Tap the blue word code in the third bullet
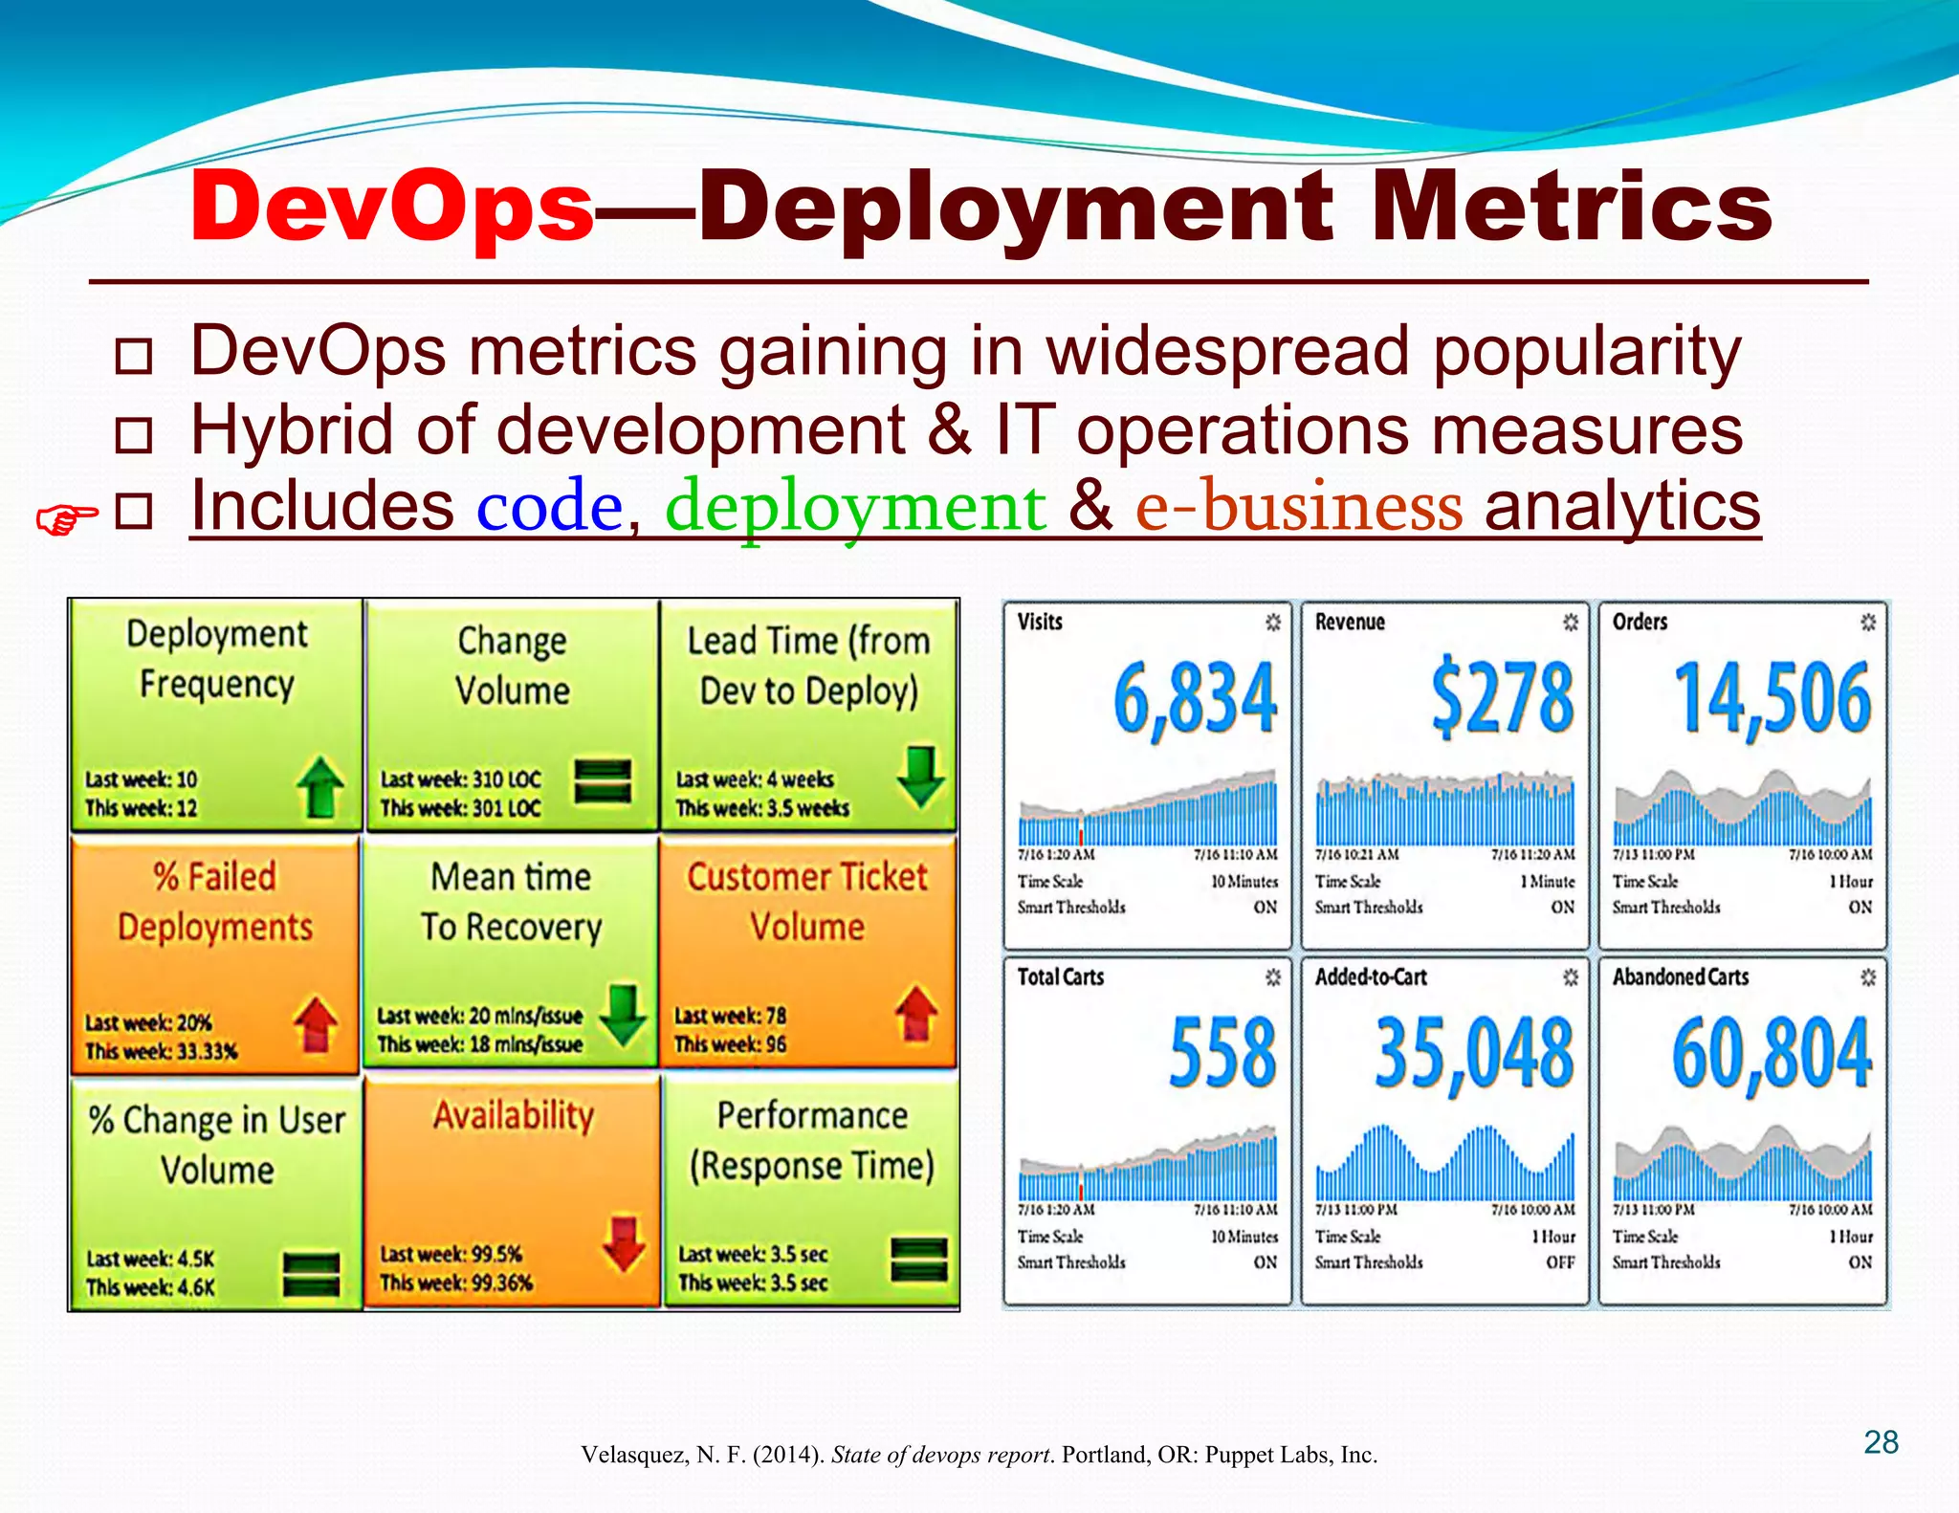(550, 507)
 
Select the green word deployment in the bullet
(855, 507)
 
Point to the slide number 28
(1881, 1442)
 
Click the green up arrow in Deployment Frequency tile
(319, 787)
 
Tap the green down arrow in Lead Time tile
(920, 777)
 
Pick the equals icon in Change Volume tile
(603, 781)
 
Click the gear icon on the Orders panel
(1867, 623)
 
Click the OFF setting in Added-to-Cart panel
(1560, 1262)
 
